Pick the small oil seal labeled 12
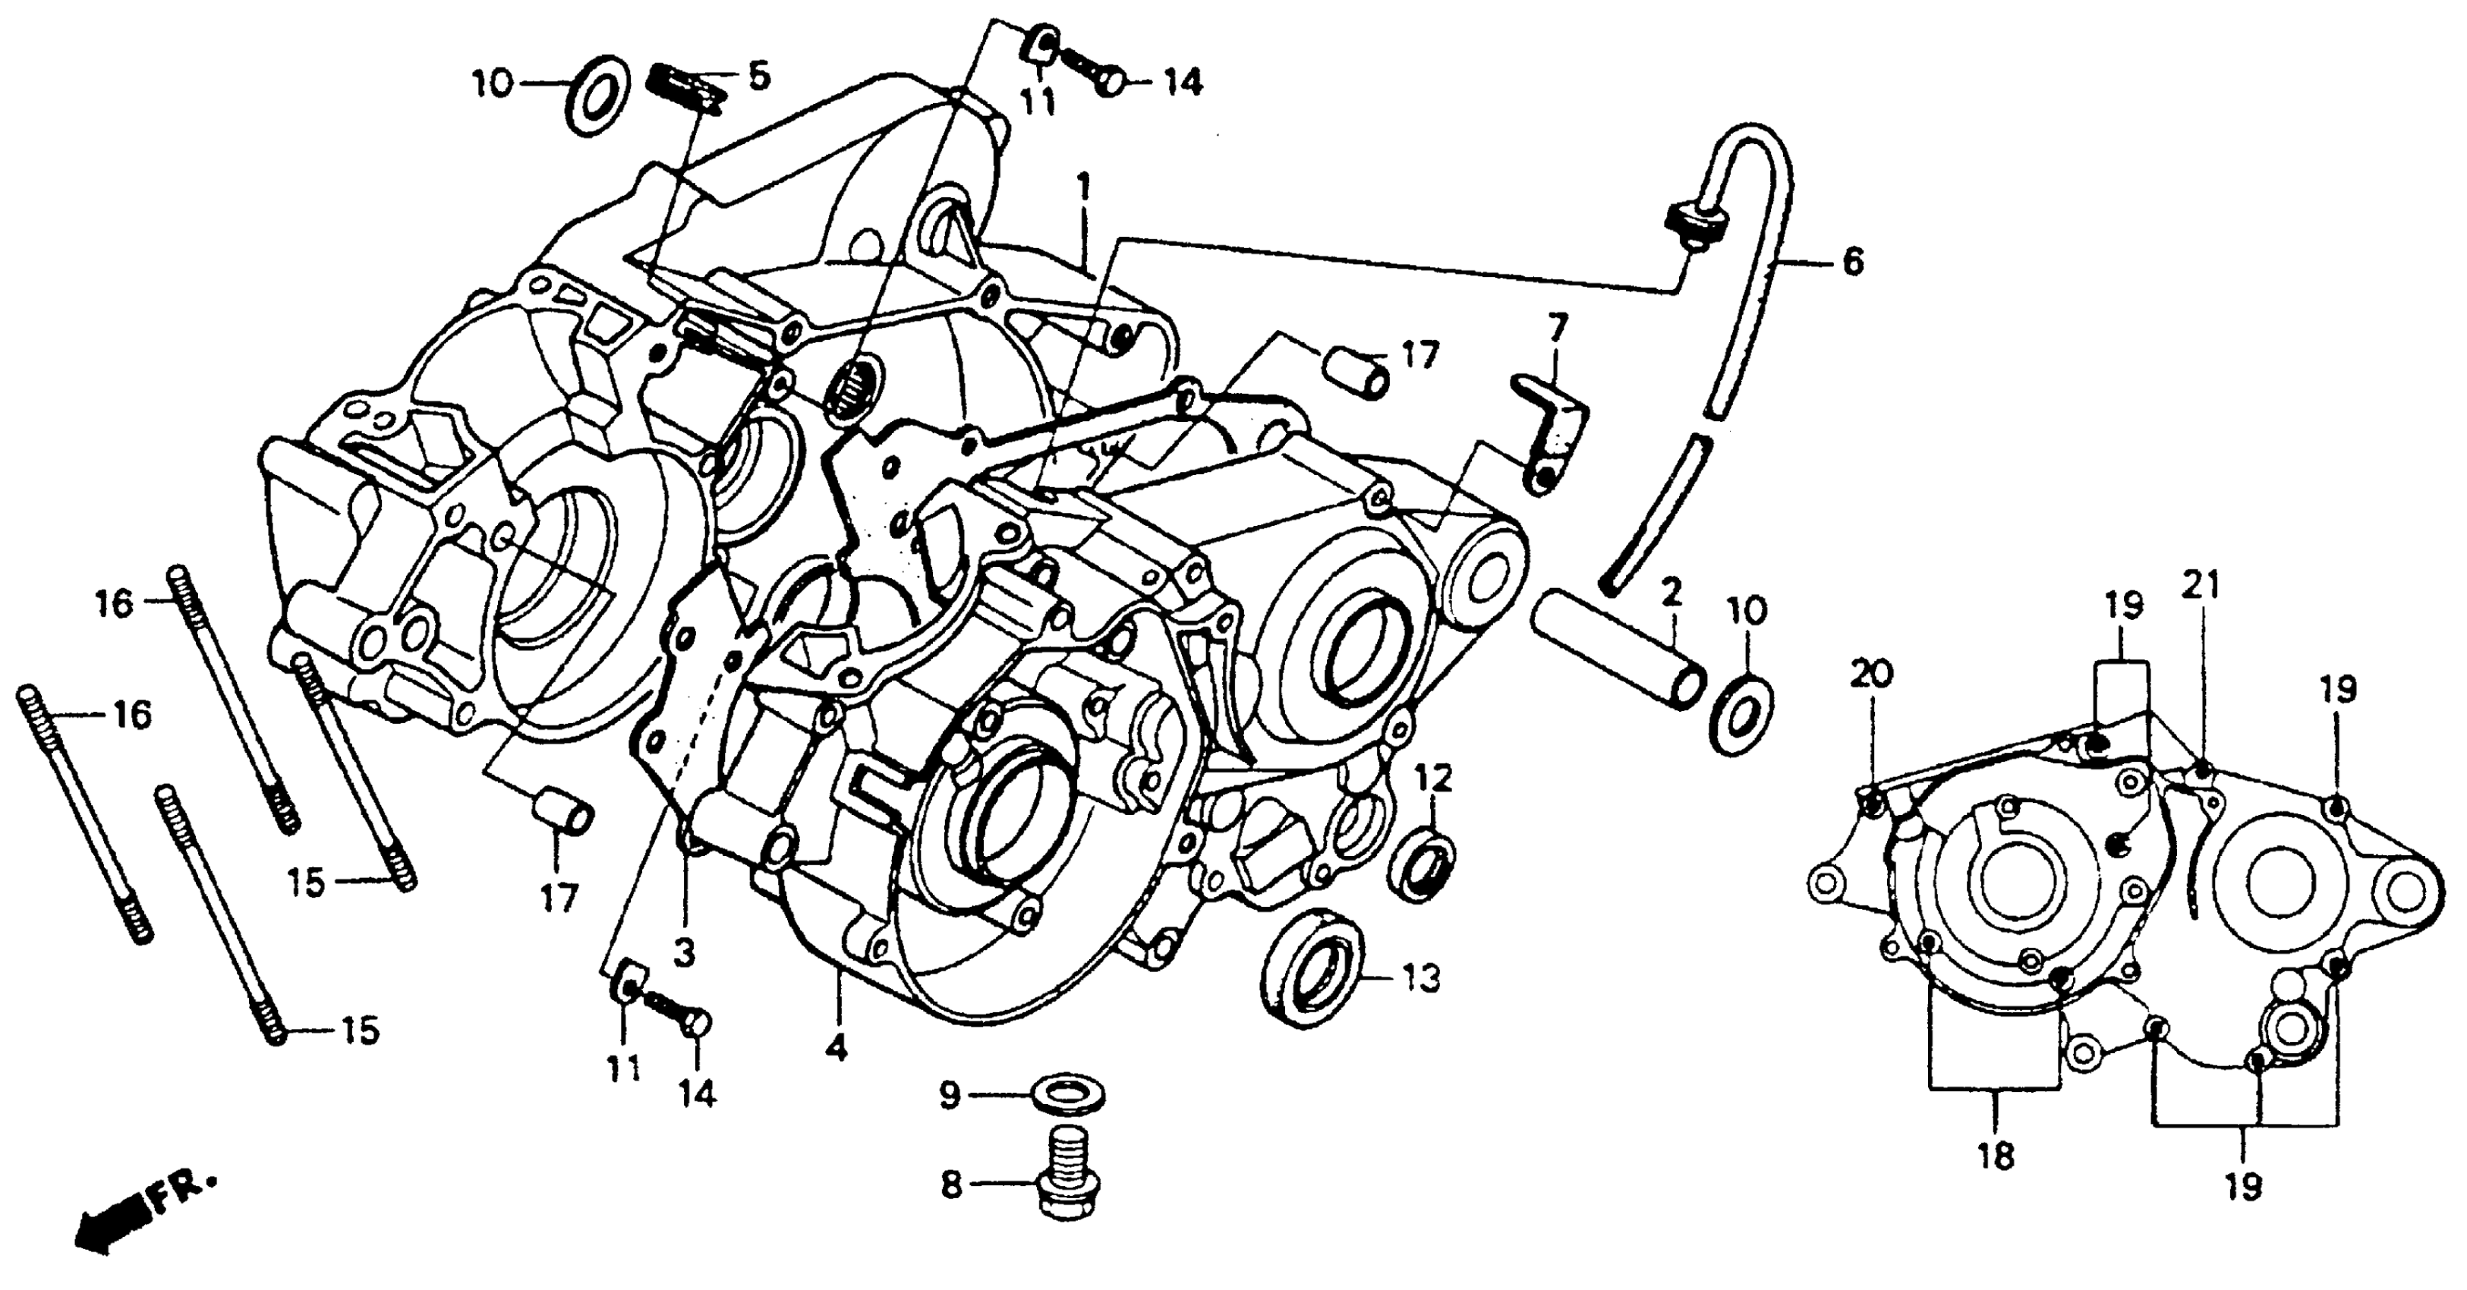click(x=1421, y=867)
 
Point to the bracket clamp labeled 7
click(x=1549, y=427)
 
